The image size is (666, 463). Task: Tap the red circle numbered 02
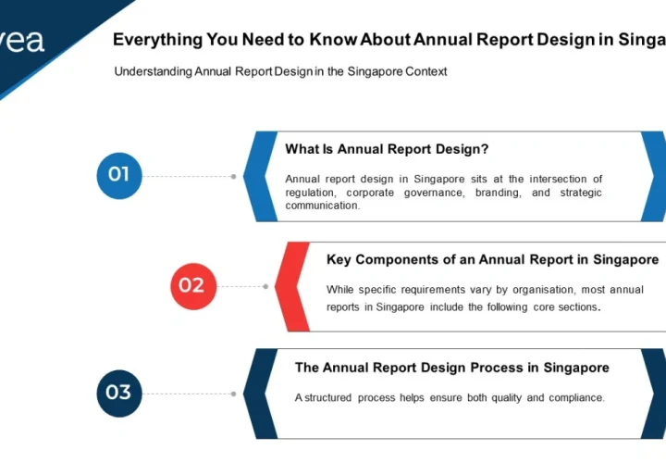(192, 285)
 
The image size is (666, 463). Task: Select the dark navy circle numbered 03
(119, 393)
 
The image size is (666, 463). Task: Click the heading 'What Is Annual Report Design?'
(387, 149)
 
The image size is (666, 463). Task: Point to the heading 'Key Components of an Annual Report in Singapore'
(492, 259)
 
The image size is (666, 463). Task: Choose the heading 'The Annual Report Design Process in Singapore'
(451, 368)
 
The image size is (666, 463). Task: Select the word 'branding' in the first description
(499, 193)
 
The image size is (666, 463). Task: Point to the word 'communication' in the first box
(322, 206)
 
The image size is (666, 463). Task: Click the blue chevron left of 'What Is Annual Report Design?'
(259, 176)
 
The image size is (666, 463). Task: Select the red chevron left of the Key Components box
(291, 286)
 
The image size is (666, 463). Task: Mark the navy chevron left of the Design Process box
(259, 394)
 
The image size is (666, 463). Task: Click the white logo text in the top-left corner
(22, 41)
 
